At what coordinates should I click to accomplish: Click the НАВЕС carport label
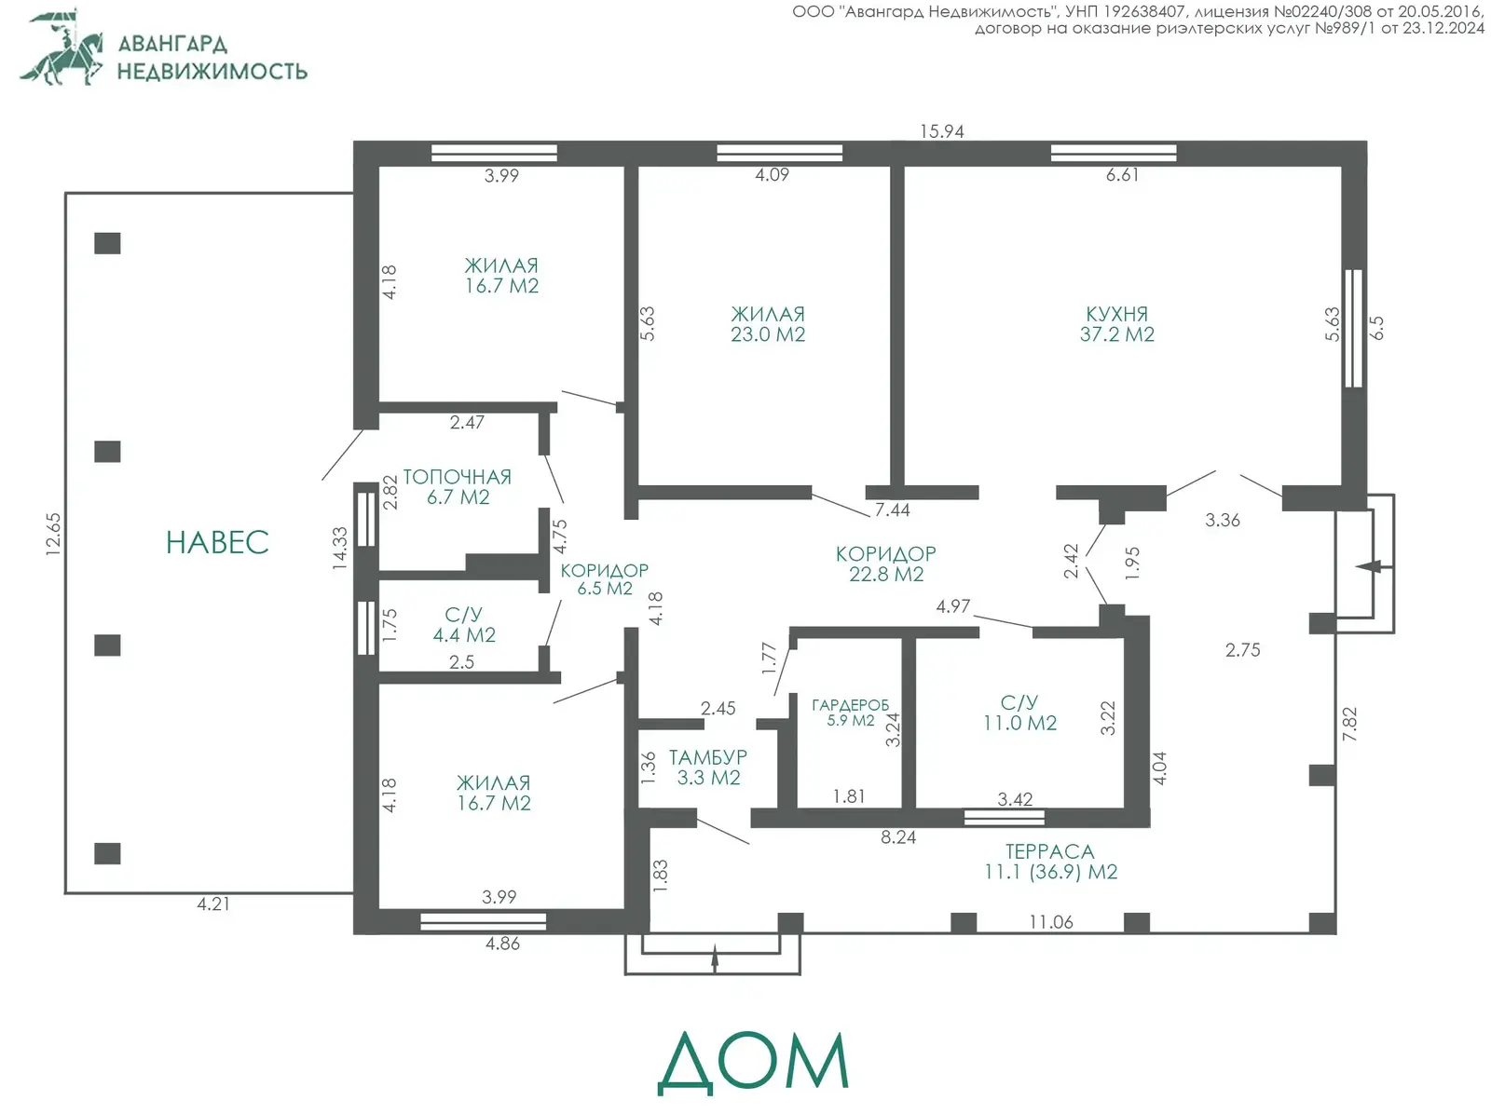[217, 542]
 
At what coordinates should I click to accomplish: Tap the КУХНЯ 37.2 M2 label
[1116, 324]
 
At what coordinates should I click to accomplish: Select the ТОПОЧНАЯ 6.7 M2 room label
[458, 487]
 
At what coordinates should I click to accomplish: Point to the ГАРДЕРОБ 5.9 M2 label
[851, 713]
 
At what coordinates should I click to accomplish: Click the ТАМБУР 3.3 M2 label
[708, 768]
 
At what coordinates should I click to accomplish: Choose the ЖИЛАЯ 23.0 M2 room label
[768, 324]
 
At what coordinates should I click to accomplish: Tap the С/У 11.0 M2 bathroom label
[1019, 713]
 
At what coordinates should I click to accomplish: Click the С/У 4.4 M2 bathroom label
[464, 625]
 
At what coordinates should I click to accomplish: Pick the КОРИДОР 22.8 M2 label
[886, 564]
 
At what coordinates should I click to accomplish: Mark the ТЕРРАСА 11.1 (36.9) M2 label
[1050, 862]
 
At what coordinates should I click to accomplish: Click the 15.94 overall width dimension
[941, 131]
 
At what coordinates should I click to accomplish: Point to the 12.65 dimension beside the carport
[54, 535]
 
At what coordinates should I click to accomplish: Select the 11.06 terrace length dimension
[1051, 922]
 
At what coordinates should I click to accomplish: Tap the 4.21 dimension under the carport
[213, 903]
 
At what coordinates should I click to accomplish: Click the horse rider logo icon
[62, 47]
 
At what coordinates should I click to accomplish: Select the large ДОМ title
[753, 1063]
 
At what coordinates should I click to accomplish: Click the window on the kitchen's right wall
[1354, 329]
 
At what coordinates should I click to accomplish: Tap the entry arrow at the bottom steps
[715, 958]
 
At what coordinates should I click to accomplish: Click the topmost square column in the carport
[107, 243]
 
